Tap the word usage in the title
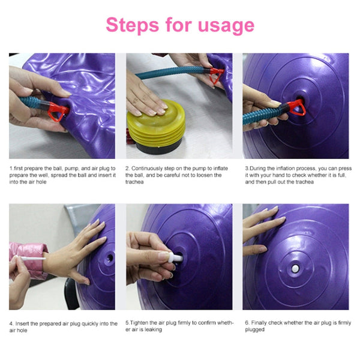[x=224, y=26]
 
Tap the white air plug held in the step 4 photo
[x=24, y=260]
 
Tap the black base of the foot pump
[x=157, y=147]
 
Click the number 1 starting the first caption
[x=11, y=169]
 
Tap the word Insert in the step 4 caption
[x=23, y=323]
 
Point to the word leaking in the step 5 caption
[x=153, y=329]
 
